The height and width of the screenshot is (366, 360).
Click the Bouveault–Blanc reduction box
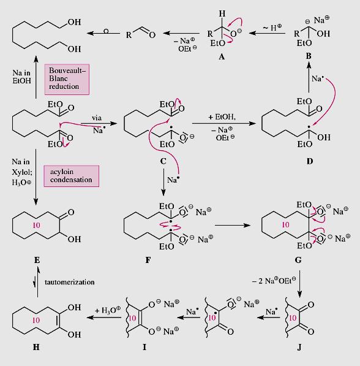67,79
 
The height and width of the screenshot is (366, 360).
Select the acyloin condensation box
72,176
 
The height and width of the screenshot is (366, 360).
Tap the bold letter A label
222,56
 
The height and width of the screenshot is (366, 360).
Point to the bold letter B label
309,56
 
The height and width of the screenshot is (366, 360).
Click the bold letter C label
163,161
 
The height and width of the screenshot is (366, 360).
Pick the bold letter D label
310,161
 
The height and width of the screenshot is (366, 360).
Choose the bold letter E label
37,260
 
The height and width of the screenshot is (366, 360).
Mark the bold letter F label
148,260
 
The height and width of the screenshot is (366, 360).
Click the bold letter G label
298,260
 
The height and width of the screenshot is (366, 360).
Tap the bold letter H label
36,347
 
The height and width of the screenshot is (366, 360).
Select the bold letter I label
144,347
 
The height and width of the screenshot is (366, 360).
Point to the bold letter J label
299,348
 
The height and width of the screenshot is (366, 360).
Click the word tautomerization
69,282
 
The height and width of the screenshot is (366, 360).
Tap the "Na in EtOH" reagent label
21,77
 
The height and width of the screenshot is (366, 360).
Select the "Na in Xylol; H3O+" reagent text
22,172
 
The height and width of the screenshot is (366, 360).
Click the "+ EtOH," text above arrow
222,116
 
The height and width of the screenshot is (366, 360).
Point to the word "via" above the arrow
97,118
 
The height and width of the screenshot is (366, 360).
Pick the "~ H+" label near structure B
272,28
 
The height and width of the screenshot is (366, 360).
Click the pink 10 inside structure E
36,225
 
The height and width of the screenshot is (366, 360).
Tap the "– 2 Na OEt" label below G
274,281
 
